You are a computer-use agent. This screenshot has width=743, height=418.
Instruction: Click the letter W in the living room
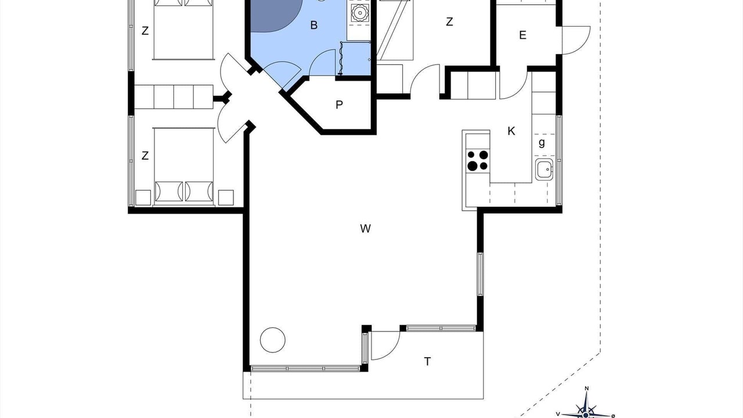click(365, 229)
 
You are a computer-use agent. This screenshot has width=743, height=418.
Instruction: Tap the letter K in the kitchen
click(511, 131)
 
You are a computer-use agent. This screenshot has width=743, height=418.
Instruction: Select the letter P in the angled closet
click(339, 105)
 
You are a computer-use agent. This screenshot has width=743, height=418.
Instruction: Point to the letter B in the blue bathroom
click(314, 25)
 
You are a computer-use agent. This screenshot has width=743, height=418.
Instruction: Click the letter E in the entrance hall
click(523, 35)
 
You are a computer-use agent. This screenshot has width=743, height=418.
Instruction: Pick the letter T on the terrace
click(428, 361)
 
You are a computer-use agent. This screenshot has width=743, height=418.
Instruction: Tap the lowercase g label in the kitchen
click(542, 143)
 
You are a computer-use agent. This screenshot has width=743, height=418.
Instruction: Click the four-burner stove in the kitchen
click(478, 160)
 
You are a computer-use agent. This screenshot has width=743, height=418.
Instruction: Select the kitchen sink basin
click(544, 170)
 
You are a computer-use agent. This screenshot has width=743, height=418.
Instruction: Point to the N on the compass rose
click(586, 388)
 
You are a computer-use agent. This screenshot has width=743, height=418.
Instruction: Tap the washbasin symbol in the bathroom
click(359, 13)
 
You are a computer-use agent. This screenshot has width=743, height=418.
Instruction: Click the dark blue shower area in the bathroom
click(273, 15)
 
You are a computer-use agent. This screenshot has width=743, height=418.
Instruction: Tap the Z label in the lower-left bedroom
click(145, 156)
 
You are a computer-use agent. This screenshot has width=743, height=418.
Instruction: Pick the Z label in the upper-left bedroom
click(145, 31)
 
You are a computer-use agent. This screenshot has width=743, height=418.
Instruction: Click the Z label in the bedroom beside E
click(449, 22)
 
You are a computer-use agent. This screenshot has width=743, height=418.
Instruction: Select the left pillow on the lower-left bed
click(169, 192)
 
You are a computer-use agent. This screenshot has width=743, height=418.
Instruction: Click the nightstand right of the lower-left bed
click(226, 198)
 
